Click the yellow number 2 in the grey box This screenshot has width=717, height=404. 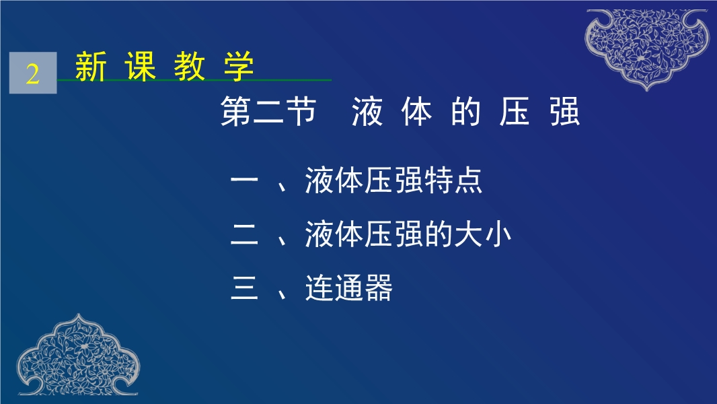click(32, 73)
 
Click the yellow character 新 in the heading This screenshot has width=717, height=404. click(91, 67)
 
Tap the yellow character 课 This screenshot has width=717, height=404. click(141, 67)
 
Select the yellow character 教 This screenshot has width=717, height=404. click(190, 67)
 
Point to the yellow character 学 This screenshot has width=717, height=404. click(239, 67)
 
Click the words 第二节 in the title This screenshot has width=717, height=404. click(268, 111)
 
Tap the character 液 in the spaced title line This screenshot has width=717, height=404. click(367, 111)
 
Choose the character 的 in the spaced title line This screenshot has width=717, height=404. click(465, 111)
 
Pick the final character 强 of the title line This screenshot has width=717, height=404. click(565, 111)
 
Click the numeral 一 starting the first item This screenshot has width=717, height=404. click(245, 180)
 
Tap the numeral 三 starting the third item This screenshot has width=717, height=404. click(245, 288)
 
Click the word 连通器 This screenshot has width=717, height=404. click(349, 288)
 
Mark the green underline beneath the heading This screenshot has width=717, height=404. click(194, 80)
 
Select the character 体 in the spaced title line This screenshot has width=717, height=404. click(416, 111)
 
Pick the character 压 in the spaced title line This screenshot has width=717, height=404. click(515, 111)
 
